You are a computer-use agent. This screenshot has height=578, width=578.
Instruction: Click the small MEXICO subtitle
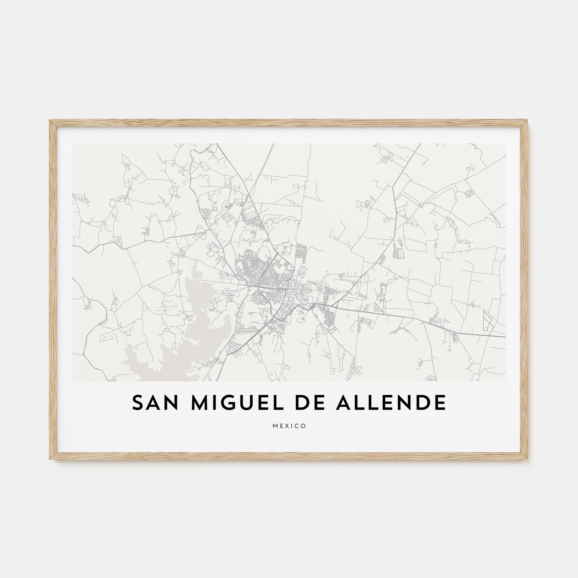coord(289,426)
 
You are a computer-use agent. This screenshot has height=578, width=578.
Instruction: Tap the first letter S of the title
coord(138,403)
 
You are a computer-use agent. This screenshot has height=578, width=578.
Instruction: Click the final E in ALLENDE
coord(440,403)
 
